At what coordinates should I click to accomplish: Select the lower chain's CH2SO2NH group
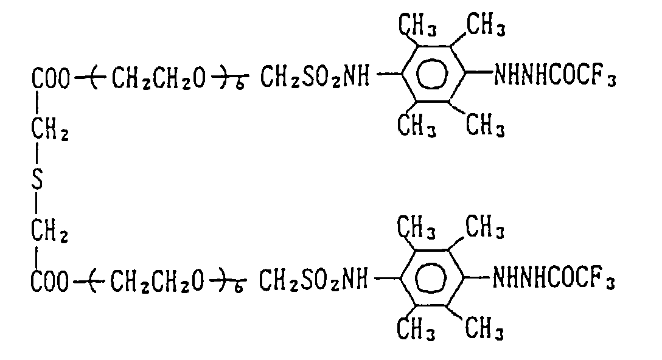click(x=314, y=282)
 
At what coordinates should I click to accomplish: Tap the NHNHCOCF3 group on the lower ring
click(x=554, y=281)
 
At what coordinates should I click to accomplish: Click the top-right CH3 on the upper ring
click(x=484, y=26)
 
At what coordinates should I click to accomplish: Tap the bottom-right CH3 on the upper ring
click(x=484, y=126)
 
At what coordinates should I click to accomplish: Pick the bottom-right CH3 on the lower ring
click(x=484, y=330)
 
